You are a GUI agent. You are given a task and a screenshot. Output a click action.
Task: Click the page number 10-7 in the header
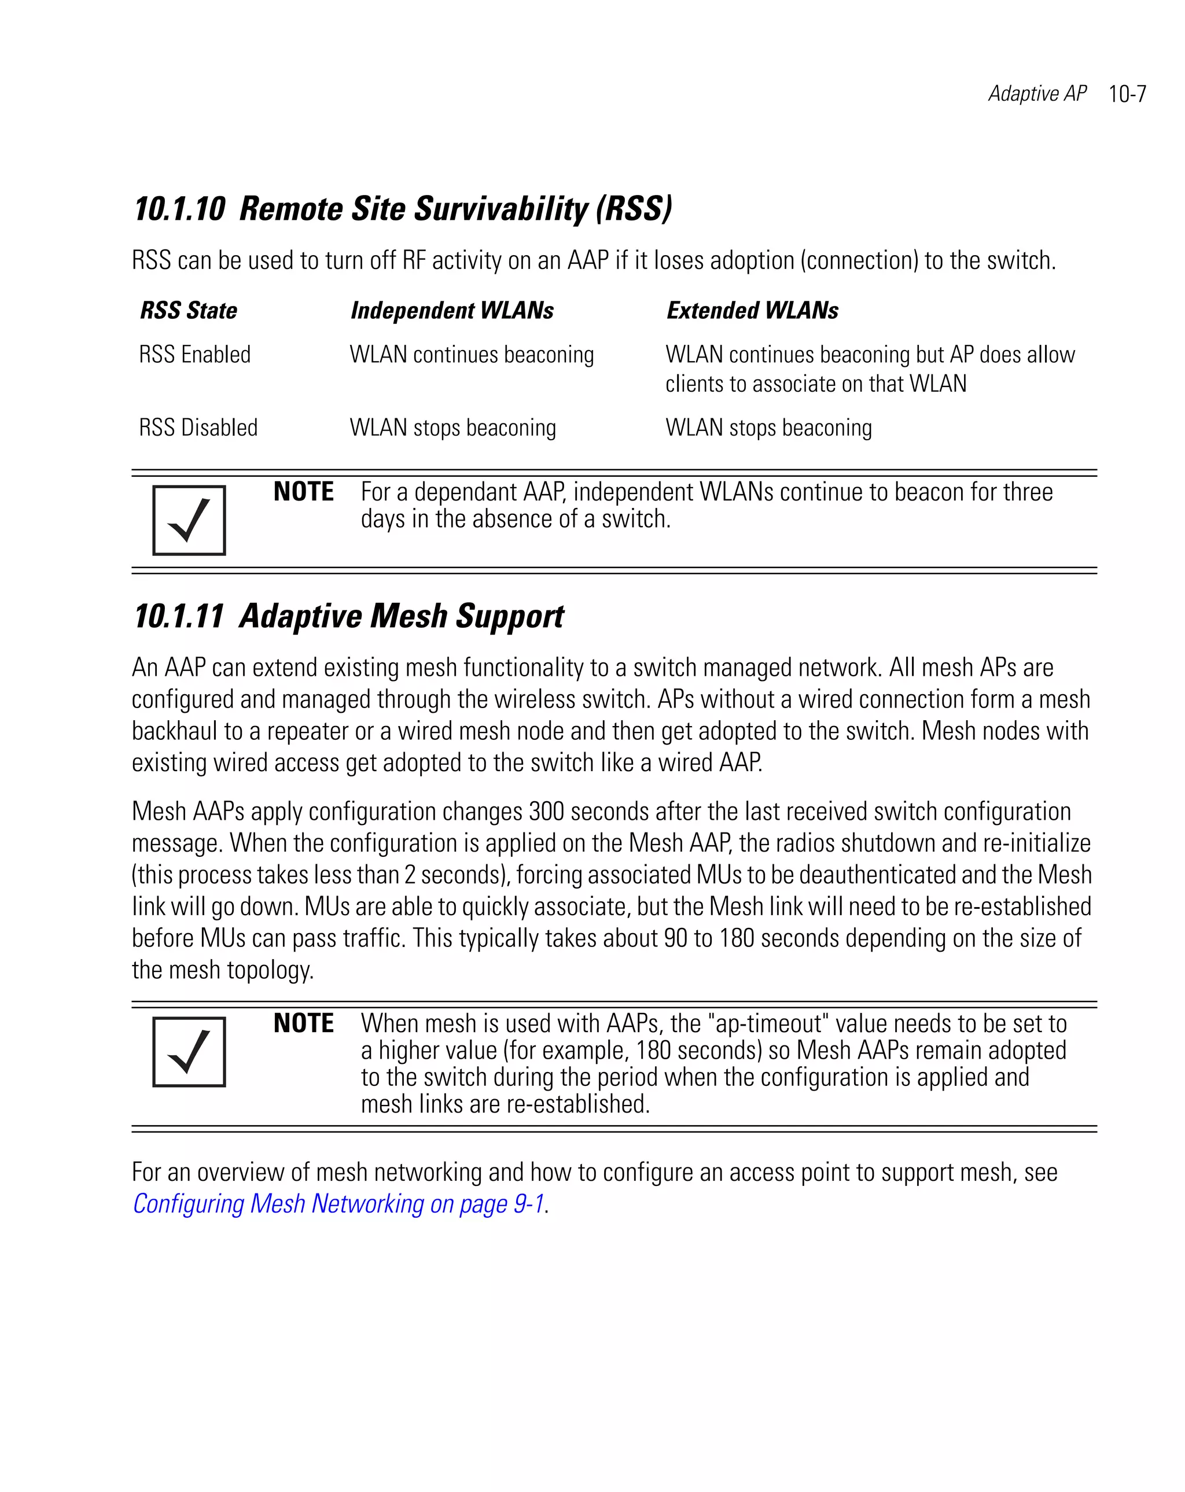click(x=1127, y=94)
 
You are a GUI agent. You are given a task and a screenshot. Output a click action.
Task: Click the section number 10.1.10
click(x=180, y=209)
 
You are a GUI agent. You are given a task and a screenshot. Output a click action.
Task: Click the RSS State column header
click(x=188, y=311)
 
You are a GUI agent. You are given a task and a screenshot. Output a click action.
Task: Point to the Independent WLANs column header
click(x=452, y=311)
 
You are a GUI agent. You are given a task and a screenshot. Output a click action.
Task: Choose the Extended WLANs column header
click(x=752, y=311)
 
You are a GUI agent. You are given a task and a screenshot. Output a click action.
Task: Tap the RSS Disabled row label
click(x=198, y=428)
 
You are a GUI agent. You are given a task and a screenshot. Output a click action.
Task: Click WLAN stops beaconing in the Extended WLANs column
click(x=768, y=428)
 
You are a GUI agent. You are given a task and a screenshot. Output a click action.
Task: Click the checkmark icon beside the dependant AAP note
click(x=189, y=521)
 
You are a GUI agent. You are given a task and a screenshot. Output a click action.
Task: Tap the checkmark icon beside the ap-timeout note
click(x=189, y=1052)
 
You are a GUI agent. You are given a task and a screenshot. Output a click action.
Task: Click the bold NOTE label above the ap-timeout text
click(x=303, y=1023)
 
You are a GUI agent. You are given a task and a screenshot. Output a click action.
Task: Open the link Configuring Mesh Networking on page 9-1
click(x=338, y=1204)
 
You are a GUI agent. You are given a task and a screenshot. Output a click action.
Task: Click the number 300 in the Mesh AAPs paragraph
click(x=546, y=811)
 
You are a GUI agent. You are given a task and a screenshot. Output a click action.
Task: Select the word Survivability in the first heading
click(x=501, y=209)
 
